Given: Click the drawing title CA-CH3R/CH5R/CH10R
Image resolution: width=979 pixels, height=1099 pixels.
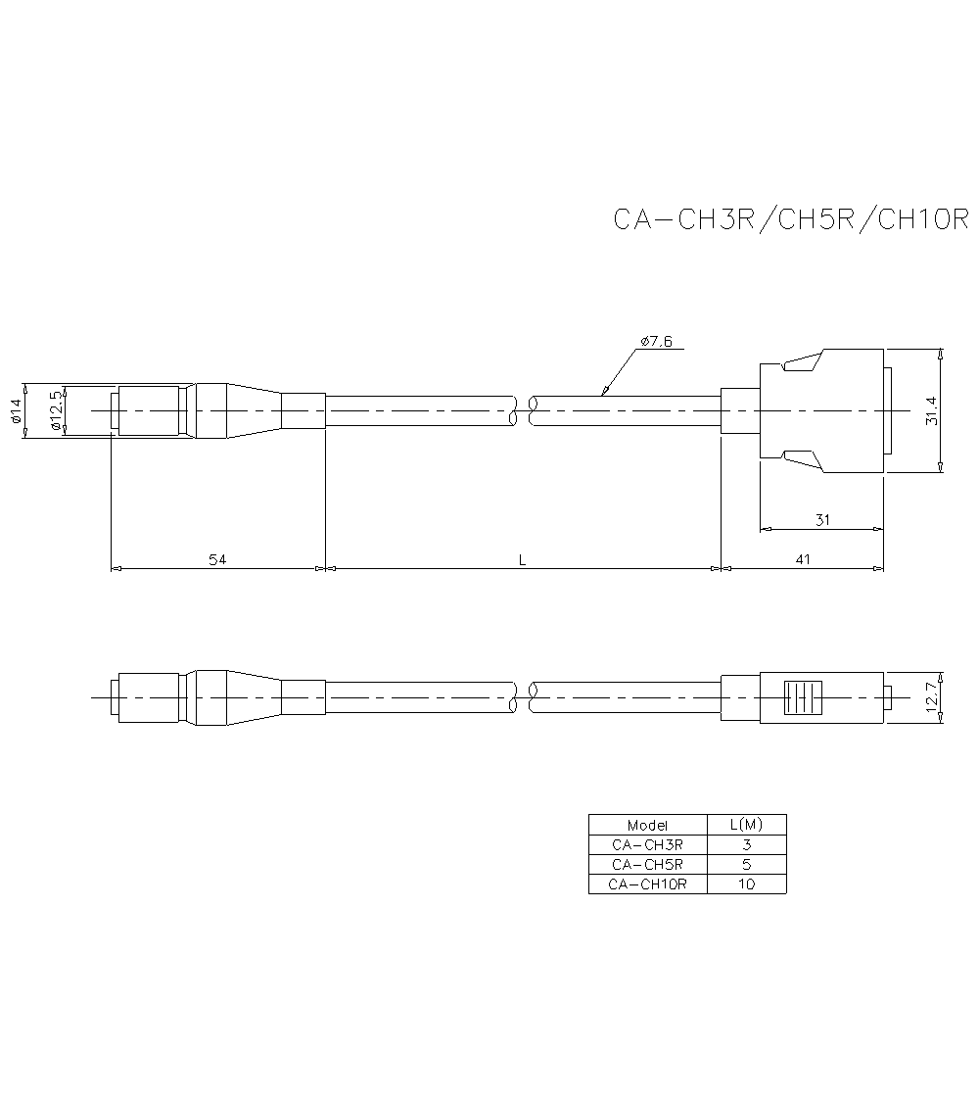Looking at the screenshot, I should pos(790,218).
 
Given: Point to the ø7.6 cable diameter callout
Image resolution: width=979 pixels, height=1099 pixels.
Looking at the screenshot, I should pos(656,341).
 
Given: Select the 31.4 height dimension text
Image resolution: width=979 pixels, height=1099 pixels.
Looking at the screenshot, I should pos(931,411).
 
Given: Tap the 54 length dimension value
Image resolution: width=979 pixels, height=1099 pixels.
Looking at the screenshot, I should pos(216,559).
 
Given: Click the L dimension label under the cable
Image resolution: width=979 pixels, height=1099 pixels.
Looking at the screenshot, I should pos(523,559).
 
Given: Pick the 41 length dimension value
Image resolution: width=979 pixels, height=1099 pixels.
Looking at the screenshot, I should pos(803,559).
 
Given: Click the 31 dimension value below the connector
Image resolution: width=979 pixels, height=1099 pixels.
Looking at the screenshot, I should pos(822,520).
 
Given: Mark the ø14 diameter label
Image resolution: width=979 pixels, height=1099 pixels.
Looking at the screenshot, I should pos(16,411).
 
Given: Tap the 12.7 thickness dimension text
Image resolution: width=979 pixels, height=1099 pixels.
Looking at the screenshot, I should pos(931,698).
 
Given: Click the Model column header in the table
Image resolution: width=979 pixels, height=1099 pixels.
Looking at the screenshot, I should pos(647,825).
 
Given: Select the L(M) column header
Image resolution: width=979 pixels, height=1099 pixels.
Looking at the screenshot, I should pos(746,825).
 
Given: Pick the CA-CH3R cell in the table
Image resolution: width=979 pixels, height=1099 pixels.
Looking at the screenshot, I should pos(647,844).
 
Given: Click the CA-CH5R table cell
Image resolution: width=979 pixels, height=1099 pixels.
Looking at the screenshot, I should pos(647,864).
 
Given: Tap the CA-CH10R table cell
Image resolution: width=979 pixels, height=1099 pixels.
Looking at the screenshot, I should pos(647,884).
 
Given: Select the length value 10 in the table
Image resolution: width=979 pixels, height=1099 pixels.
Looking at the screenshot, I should pos(746,884).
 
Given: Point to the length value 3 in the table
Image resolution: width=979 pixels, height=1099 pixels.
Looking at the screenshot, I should pos(746,844).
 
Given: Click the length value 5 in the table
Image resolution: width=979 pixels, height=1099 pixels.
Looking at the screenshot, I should pos(746,864).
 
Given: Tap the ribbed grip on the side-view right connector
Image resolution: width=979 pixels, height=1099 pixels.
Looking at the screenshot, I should pos(803,698).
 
